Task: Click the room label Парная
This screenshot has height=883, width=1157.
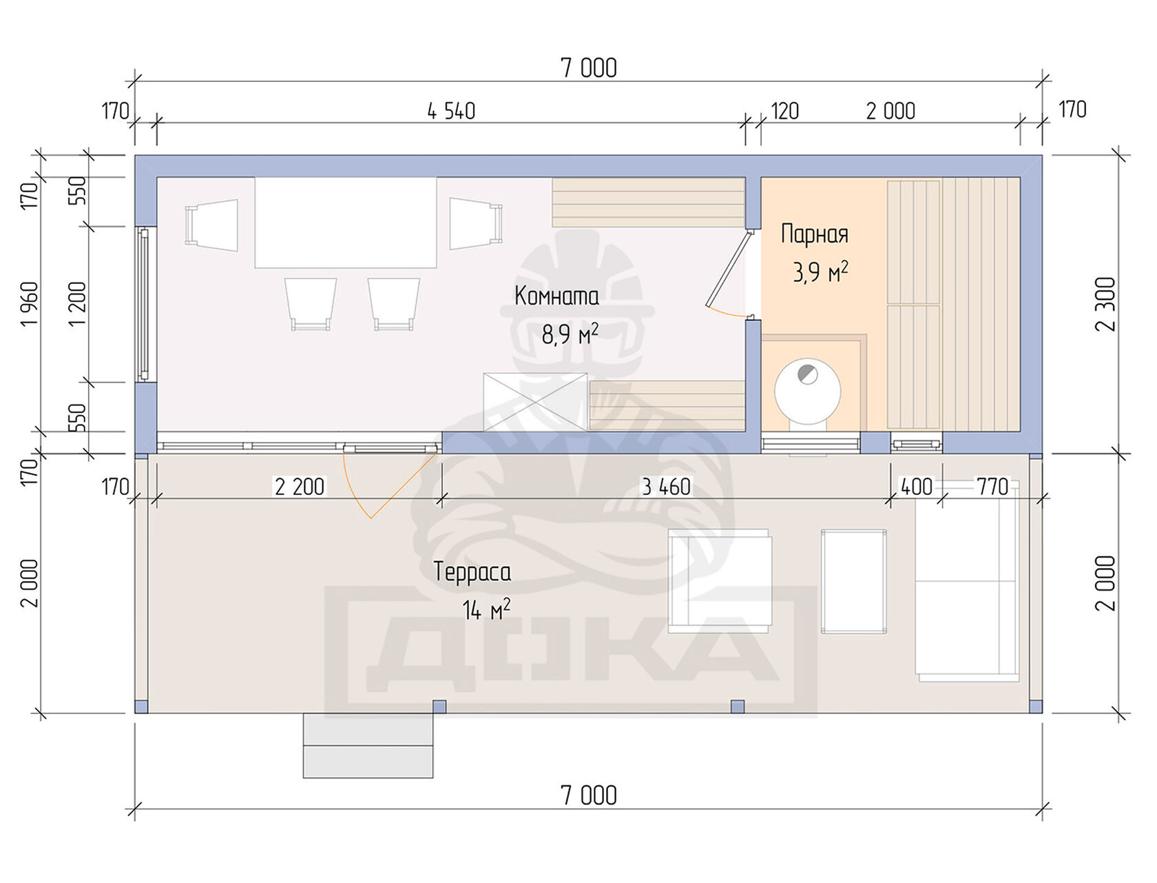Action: [815, 234]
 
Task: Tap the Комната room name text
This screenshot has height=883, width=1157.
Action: [556, 296]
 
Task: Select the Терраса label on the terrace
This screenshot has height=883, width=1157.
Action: [472, 573]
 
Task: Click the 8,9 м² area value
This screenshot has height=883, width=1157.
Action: [570, 334]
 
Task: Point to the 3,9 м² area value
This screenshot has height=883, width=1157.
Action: [820, 272]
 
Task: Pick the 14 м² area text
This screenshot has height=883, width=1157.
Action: [486, 610]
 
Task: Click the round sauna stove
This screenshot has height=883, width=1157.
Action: [807, 392]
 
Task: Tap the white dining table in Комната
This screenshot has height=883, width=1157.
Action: [345, 223]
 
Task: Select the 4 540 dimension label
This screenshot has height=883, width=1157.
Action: [451, 111]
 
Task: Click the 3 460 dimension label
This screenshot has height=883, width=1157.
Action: [666, 487]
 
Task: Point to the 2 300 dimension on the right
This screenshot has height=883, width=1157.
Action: [1106, 305]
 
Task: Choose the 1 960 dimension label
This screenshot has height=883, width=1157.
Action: [30, 305]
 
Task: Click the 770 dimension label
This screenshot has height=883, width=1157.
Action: [992, 487]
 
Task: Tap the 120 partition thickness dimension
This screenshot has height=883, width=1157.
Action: [785, 111]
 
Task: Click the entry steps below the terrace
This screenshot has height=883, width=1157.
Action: [368, 745]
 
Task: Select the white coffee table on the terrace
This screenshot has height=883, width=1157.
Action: [853, 582]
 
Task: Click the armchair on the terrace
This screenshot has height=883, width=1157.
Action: [720, 581]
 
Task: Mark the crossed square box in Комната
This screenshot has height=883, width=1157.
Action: [535, 402]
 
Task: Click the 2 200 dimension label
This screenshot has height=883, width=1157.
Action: [300, 487]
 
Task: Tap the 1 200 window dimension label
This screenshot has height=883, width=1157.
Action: [77, 305]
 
